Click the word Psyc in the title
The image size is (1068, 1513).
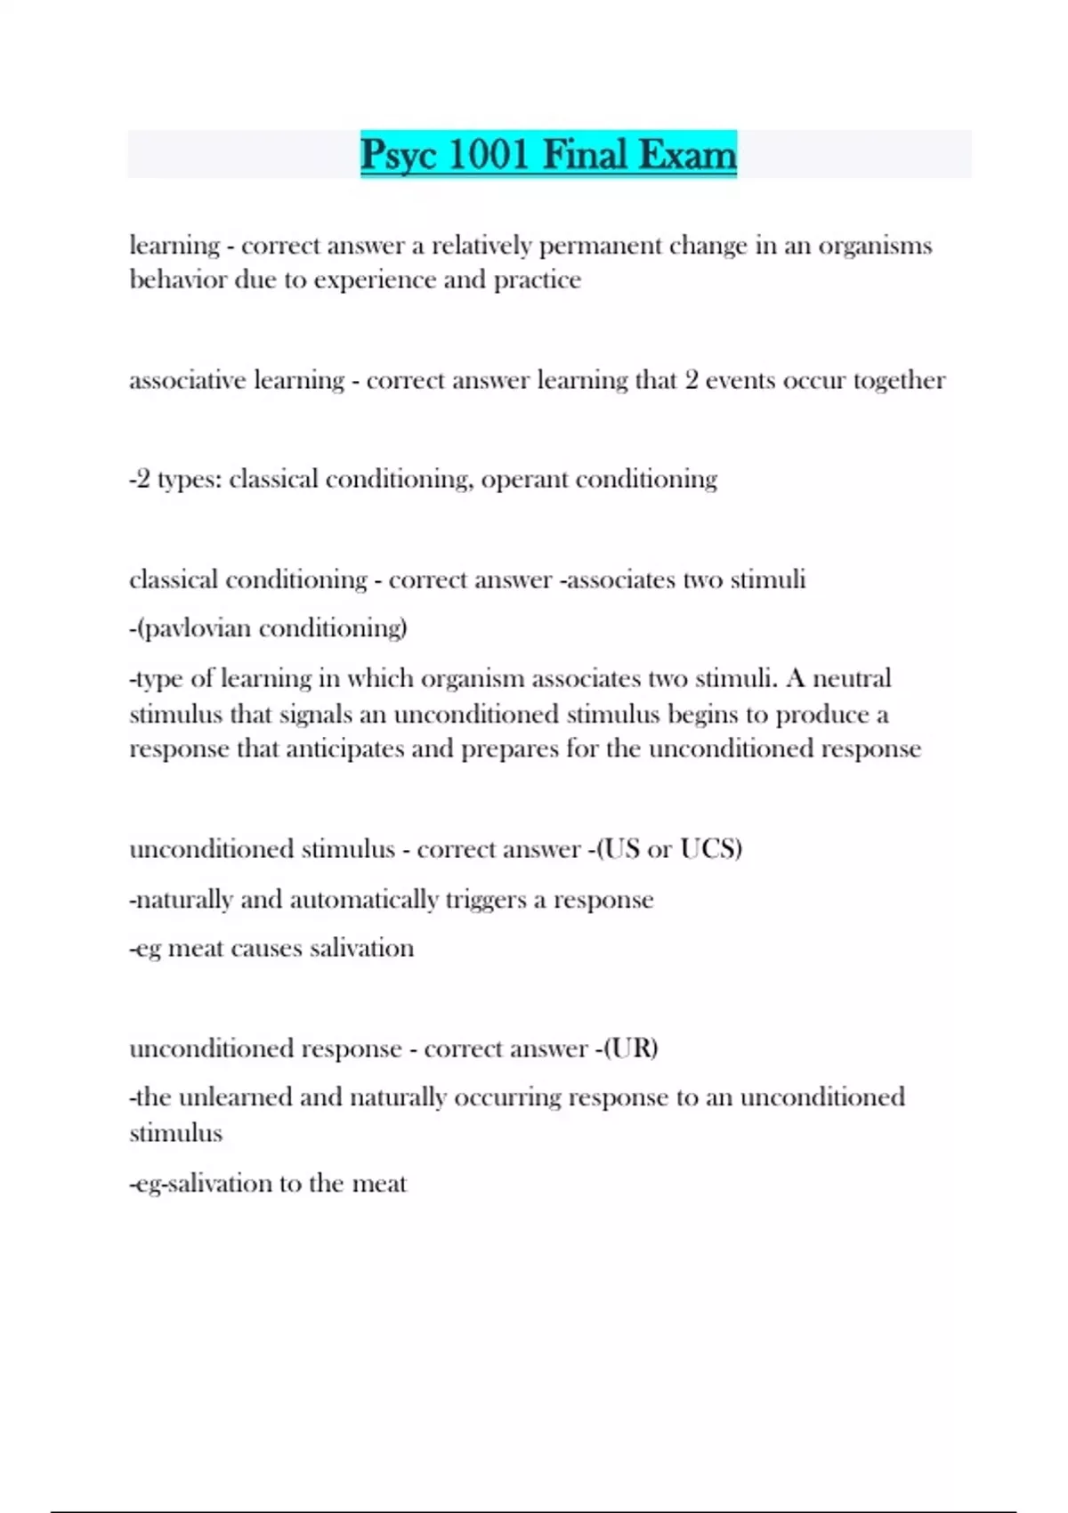[x=398, y=155]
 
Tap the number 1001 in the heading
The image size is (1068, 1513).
[x=489, y=155]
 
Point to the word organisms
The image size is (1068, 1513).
[x=875, y=246]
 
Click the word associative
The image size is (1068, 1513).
[x=188, y=381]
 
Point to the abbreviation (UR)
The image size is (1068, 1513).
[x=631, y=1048]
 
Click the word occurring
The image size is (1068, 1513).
[x=507, y=1097]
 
